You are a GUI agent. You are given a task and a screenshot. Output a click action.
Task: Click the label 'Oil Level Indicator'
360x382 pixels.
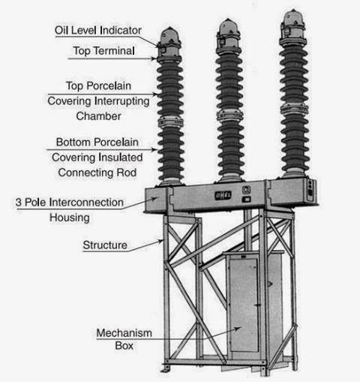(98, 31)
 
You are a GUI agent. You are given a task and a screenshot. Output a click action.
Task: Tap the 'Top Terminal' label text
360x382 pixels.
(104, 51)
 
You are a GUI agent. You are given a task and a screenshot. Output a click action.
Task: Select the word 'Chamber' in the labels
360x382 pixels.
(98, 116)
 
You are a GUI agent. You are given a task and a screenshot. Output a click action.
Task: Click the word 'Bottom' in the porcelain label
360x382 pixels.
(73, 142)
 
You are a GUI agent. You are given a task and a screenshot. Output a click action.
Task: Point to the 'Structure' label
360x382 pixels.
(105, 245)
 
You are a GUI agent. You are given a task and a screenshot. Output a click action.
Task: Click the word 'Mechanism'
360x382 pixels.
(124, 333)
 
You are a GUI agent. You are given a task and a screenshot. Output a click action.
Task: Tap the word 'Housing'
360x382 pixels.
(70, 218)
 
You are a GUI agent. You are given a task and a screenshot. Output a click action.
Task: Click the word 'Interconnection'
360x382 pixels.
(86, 203)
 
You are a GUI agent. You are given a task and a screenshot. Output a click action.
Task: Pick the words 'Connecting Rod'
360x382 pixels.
(97, 173)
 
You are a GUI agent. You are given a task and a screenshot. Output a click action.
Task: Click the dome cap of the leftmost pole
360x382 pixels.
(169, 36)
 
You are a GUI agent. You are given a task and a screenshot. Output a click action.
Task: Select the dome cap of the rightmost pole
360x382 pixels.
(293, 18)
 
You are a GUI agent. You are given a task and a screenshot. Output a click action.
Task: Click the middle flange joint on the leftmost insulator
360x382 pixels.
(170, 122)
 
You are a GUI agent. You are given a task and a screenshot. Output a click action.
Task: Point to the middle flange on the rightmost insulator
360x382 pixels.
(294, 109)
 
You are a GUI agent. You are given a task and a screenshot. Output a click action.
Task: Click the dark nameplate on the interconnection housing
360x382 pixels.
(223, 195)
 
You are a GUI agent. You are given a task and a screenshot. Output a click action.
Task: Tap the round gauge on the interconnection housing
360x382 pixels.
(246, 190)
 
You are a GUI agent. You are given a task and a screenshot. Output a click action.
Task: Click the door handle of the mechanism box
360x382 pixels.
(257, 305)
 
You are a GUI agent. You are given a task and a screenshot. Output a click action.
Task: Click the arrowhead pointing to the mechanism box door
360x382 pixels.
(238, 328)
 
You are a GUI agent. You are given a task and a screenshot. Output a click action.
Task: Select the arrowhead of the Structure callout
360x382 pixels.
(160, 242)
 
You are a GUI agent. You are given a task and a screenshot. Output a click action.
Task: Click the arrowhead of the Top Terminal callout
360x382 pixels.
(154, 59)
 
